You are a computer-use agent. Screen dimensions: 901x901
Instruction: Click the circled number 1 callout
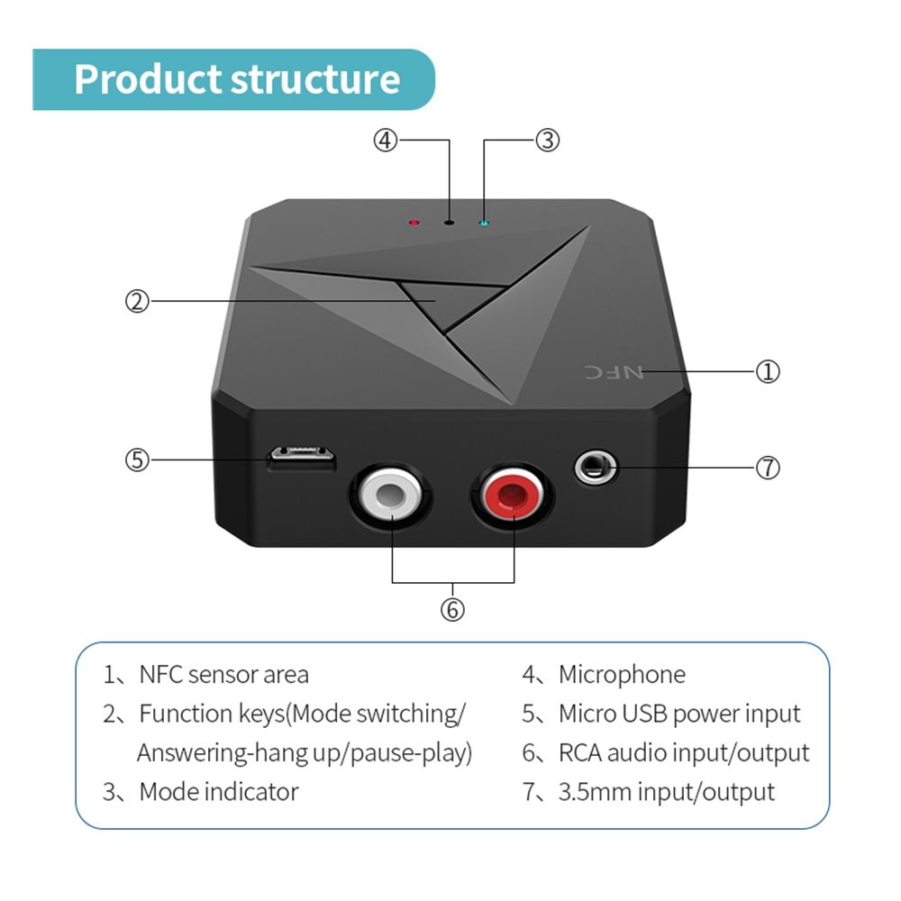[767, 371]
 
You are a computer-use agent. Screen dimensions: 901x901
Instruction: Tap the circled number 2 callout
[136, 301]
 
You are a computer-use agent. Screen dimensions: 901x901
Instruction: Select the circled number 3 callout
[548, 141]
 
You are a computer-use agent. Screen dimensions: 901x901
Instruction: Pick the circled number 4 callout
[386, 141]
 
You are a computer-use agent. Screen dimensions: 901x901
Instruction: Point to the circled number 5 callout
[136, 460]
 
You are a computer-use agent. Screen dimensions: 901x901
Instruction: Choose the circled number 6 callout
[452, 610]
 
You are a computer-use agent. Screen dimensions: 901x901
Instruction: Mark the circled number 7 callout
[767, 468]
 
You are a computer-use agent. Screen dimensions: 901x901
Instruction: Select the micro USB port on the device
[302, 459]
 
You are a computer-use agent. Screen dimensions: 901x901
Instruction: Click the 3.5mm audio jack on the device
[594, 469]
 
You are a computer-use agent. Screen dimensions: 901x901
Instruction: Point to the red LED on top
[414, 222]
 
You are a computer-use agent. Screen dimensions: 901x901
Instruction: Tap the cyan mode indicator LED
[484, 222]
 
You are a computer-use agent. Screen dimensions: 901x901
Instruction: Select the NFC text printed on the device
[616, 371]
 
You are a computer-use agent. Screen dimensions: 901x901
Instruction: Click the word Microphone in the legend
[622, 674]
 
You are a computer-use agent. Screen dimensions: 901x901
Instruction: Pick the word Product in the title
[147, 79]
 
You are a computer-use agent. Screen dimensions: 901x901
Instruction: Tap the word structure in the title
[315, 79]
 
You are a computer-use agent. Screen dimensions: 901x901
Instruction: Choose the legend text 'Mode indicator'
[218, 792]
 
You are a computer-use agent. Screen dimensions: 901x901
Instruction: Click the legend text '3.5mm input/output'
[666, 792]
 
